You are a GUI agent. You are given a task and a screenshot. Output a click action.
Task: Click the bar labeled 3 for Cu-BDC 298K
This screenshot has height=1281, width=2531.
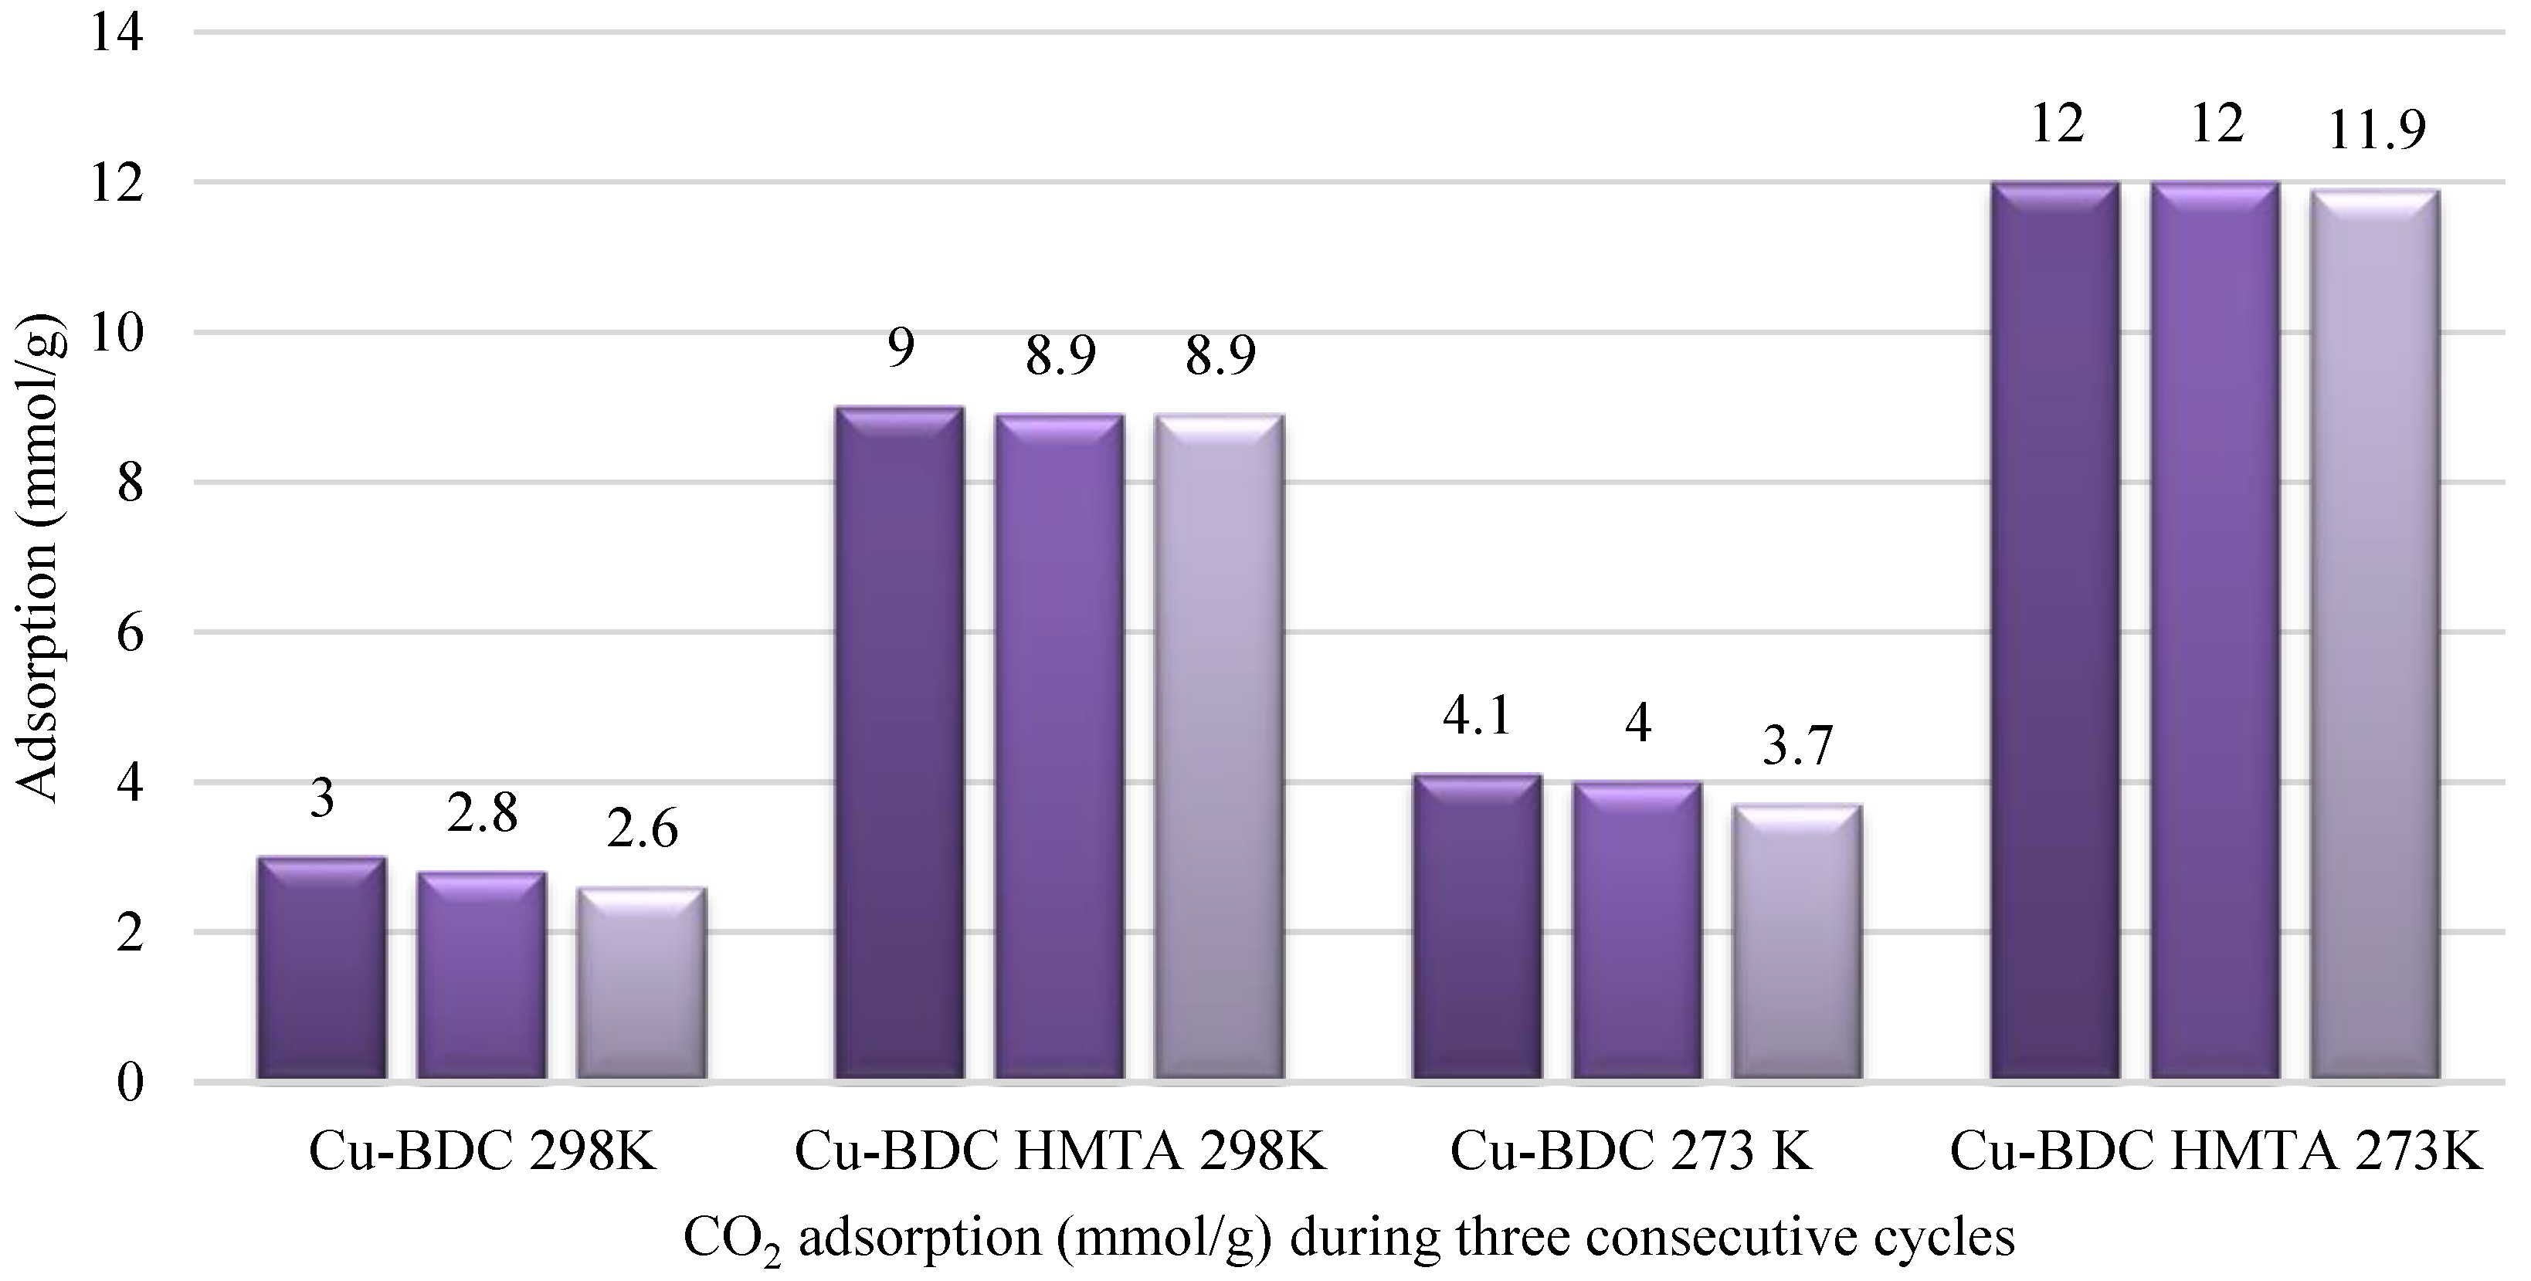(321, 970)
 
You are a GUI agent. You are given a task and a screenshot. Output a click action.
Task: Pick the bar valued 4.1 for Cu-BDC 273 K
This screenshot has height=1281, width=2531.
(1477, 928)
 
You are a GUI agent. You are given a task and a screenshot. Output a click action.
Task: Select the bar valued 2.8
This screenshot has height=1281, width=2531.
(481, 978)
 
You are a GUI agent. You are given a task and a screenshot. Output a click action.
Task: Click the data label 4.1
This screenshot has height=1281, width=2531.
(1477, 718)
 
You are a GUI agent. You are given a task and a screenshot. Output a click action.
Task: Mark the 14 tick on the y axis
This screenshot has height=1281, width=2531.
(116, 36)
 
